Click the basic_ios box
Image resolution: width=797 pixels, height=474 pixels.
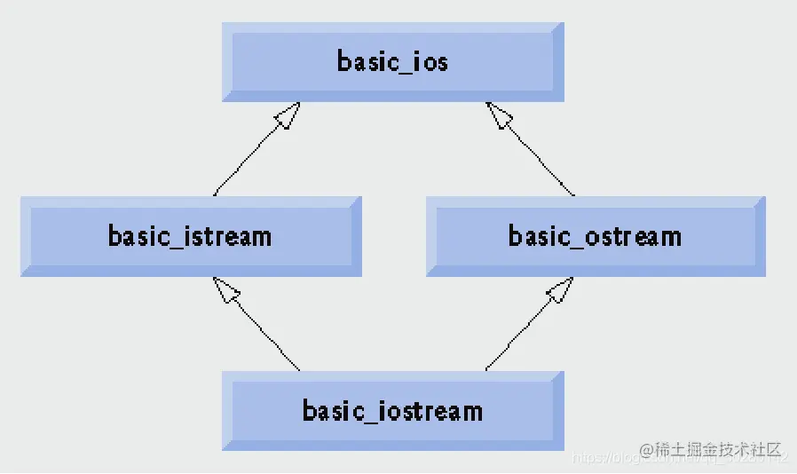(x=392, y=61)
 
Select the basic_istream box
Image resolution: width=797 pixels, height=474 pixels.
(x=191, y=236)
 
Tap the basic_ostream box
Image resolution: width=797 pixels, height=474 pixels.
(x=595, y=236)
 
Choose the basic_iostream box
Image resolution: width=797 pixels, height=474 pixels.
(x=392, y=411)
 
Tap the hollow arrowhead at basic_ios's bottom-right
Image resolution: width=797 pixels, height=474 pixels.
(x=500, y=115)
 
